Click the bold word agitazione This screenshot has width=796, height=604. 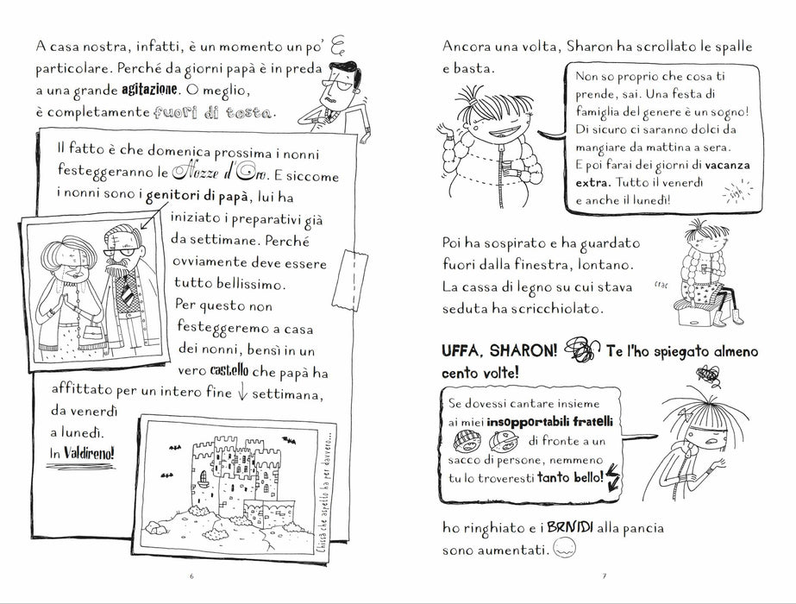click(149, 90)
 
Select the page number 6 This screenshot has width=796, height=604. click(191, 576)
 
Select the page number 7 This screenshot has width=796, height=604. click(604, 576)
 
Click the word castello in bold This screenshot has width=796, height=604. click(229, 370)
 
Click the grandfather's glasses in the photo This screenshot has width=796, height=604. click(122, 251)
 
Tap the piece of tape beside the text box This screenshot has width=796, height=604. click(350, 280)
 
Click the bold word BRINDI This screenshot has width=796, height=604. click(570, 527)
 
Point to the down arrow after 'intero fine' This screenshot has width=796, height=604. click(241, 392)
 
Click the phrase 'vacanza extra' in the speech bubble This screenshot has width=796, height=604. click(662, 173)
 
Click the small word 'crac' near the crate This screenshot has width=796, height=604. click(661, 285)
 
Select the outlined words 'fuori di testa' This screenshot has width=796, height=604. click(213, 112)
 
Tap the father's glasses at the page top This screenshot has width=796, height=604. click(337, 86)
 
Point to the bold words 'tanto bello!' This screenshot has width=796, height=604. click(571, 477)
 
